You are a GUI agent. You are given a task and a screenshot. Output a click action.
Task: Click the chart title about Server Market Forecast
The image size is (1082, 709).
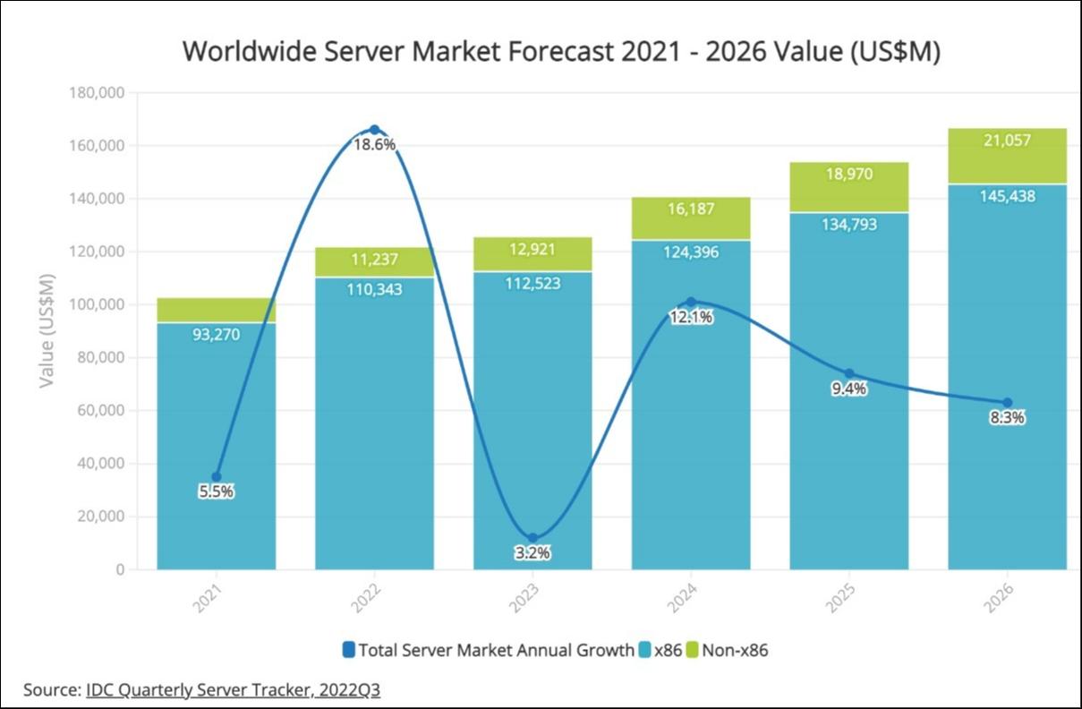(x=561, y=51)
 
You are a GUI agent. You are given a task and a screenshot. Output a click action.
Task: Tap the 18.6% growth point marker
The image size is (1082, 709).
(x=374, y=130)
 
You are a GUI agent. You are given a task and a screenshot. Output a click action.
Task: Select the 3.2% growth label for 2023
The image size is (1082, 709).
(x=532, y=553)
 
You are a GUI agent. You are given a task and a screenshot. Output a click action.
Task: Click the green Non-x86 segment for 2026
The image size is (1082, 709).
(x=1007, y=156)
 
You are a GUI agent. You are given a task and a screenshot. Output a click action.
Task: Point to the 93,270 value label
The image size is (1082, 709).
(x=216, y=335)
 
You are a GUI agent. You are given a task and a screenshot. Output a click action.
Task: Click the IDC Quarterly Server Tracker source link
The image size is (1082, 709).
(x=233, y=690)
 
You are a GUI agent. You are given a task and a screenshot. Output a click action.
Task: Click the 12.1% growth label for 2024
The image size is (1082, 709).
(x=691, y=317)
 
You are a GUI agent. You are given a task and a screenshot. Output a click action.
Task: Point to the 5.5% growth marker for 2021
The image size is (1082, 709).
(x=216, y=477)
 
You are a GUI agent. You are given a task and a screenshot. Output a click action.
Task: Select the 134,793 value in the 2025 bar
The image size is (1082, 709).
(x=848, y=224)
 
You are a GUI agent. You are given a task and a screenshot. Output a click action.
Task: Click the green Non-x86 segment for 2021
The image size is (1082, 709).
(x=216, y=310)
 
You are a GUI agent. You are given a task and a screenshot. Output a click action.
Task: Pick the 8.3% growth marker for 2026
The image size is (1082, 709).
(x=1007, y=403)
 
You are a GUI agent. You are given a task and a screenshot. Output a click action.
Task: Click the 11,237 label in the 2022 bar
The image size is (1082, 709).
(x=374, y=261)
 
